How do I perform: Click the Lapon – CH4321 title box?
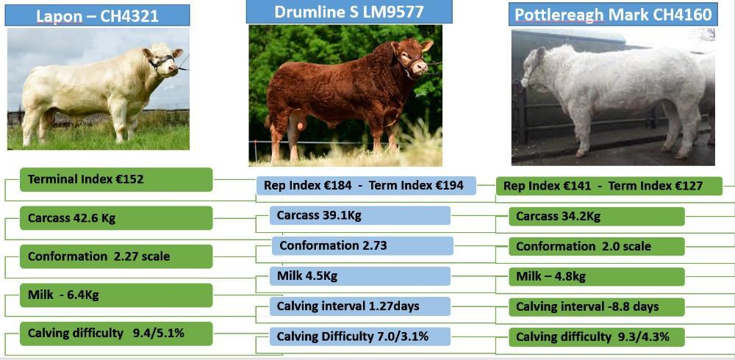click(x=97, y=15)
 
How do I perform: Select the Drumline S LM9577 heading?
click(x=348, y=12)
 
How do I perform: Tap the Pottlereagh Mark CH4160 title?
click(x=612, y=15)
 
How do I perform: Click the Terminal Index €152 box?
click(x=115, y=179)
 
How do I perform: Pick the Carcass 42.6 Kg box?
click(x=115, y=218)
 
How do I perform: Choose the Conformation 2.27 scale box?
click(x=115, y=256)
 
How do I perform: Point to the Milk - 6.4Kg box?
click(x=115, y=295)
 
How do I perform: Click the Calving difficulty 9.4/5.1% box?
click(x=115, y=334)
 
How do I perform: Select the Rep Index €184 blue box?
click(x=366, y=185)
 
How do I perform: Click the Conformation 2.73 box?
click(x=362, y=245)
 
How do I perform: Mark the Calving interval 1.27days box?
click(x=359, y=306)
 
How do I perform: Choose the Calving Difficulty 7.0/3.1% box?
click(x=359, y=336)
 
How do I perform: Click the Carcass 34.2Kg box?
click(x=596, y=216)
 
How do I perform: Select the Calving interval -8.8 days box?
click(x=596, y=306)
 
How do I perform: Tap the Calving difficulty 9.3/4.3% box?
click(x=596, y=337)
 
